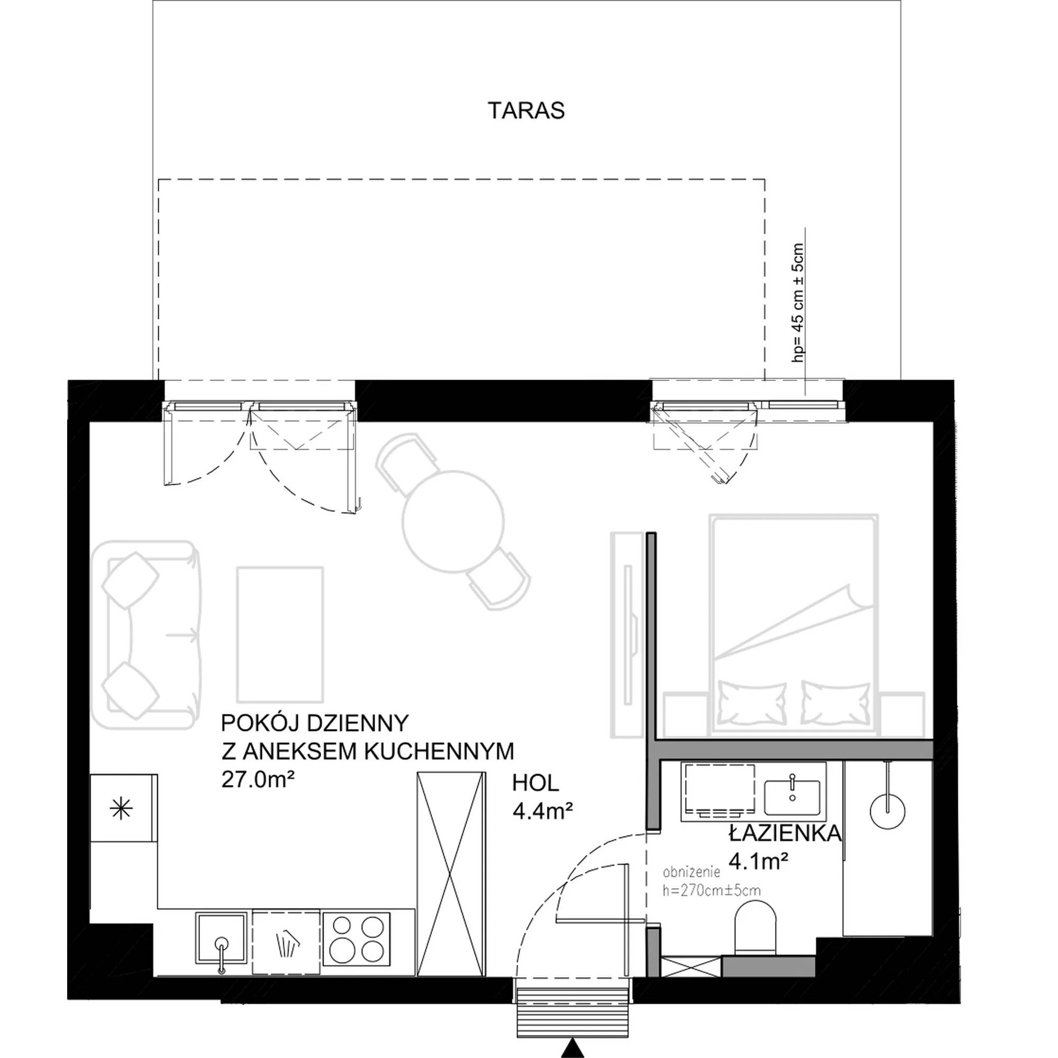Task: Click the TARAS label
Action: (526, 111)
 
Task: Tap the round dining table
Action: (453, 521)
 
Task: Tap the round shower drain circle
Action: (888, 811)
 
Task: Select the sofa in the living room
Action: (146, 635)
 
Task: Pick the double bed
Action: (793, 625)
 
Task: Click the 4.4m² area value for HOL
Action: (543, 811)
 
